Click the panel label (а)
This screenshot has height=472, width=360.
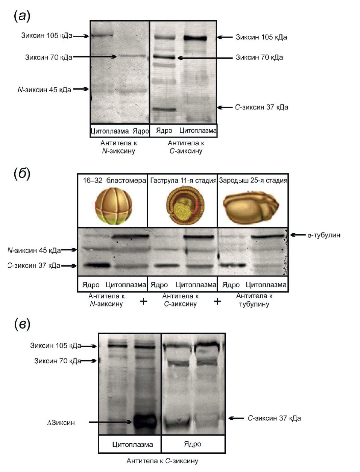22,16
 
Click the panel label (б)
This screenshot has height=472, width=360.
22,174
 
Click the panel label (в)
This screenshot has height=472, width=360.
22,324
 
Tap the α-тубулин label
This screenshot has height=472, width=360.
324,235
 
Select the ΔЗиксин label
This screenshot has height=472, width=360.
61,423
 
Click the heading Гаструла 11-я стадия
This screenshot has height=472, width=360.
183,181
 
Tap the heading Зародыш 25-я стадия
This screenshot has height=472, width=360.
253,181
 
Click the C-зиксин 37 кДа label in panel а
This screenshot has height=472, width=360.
261,107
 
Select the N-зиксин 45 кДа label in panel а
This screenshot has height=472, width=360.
44,90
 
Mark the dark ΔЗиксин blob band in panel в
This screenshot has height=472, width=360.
144,420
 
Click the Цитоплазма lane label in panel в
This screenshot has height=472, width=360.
132,445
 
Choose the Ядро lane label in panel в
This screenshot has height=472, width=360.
192,444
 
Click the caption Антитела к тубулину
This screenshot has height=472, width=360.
254,300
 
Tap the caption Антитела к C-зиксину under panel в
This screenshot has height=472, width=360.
162,461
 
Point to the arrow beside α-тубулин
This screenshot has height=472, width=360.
297,235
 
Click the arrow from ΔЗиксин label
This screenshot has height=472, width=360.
111,422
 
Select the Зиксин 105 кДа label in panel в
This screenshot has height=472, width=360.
56,346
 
